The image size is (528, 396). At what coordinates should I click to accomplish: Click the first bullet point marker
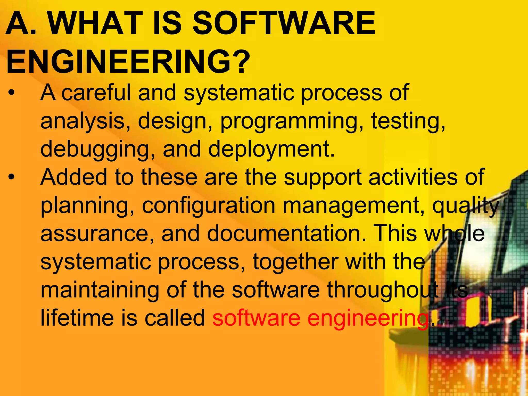[x=11, y=93]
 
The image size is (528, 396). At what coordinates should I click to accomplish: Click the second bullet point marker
[x=11, y=178]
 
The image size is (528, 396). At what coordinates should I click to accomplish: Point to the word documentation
[x=286, y=233]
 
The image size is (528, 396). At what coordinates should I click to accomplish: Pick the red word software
[x=257, y=318]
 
